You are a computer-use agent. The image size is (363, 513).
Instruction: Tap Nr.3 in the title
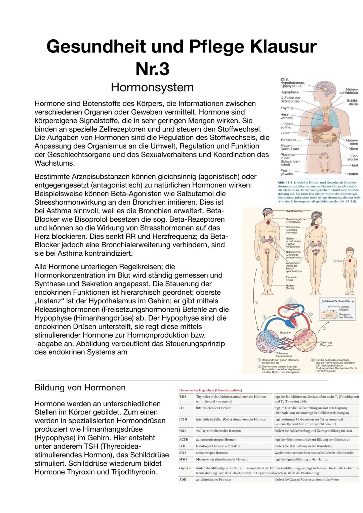pyautogui.click(x=152, y=69)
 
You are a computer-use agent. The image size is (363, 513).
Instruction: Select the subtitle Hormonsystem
pyautogui.click(x=152, y=87)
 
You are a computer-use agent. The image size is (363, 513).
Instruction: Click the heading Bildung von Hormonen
pyautogui.click(x=80, y=387)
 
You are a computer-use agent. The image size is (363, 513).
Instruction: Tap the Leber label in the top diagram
pyautogui.click(x=285, y=133)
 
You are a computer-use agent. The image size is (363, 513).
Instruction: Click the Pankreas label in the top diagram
pyautogui.click(x=288, y=140)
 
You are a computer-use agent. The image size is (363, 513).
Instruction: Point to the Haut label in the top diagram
pyautogui.click(x=354, y=165)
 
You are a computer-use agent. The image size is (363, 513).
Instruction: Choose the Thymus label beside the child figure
pyautogui.click(x=337, y=261)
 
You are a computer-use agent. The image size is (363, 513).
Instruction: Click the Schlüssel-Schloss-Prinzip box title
pyautogui.click(x=338, y=301)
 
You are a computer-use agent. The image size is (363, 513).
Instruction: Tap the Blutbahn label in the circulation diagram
pyautogui.click(x=285, y=333)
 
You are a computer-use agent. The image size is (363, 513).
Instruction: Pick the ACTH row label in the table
pyautogui.click(x=184, y=439)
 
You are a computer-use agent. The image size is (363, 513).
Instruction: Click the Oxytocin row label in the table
pyautogui.click(x=185, y=468)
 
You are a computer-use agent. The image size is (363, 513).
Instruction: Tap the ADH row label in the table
pyautogui.click(x=183, y=480)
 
